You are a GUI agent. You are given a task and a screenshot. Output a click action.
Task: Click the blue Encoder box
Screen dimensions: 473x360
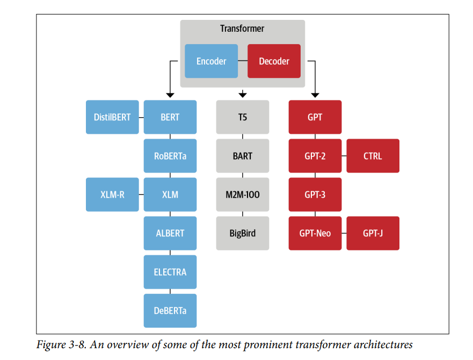(211, 61)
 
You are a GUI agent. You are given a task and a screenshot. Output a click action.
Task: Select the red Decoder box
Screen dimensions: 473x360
(274, 61)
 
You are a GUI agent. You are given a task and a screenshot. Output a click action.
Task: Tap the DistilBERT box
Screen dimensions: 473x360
(112, 117)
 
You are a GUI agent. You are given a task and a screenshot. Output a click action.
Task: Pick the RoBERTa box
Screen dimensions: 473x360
(170, 156)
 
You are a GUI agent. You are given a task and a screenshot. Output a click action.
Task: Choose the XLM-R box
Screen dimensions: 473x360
(112, 195)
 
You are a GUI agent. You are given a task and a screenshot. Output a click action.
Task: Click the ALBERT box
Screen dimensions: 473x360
(170, 233)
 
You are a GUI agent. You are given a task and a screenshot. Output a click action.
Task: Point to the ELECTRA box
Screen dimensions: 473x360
(170, 272)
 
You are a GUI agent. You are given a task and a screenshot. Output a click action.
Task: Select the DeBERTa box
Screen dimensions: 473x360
(170, 311)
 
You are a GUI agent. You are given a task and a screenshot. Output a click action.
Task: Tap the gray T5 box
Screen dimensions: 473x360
(243, 117)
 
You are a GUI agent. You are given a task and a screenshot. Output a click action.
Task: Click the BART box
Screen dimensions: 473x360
(243, 156)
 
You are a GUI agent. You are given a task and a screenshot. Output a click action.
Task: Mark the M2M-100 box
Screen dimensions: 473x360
(243, 195)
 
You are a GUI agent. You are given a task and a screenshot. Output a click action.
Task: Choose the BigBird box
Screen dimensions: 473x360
(243, 233)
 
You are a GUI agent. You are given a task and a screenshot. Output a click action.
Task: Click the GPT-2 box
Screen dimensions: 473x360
(315, 156)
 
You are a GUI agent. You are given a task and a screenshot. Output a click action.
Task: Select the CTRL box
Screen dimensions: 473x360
(373, 156)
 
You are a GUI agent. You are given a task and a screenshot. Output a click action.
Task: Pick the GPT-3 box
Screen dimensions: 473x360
(315, 195)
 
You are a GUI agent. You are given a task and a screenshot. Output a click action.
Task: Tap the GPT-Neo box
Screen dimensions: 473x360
(315, 233)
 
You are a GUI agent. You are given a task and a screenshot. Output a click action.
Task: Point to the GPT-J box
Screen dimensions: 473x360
(373, 233)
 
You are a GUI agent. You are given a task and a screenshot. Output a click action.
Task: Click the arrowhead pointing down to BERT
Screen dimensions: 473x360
(170, 95)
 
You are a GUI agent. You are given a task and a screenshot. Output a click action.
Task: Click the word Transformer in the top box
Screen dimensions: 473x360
(242, 28)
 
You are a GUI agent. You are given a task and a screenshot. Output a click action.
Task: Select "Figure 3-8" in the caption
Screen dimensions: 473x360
(62, 344)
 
